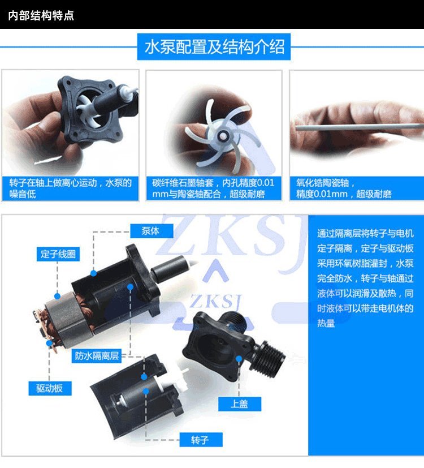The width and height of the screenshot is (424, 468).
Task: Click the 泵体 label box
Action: pyautogui.click(x=152, y=231)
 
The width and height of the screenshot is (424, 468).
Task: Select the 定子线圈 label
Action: pyautogui.click(x=58, y=254)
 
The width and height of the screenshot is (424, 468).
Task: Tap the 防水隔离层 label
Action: pyautogui.click(x=97, y=356)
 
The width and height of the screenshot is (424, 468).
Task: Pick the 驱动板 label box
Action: pyautogui.click(x=50, y=388)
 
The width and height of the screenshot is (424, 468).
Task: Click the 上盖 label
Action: pyautogui.click(x=240, y=404)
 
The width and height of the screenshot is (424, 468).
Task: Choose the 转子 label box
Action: pyautogui.click(x=201, y=440)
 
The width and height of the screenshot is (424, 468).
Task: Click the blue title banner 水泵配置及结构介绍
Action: pyautogui.click(x=214, y=47)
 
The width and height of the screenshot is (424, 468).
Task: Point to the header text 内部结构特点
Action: pyautogui.click(x=41, y=15)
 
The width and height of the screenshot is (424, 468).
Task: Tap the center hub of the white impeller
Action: pyautogui.click(x=222, y=136)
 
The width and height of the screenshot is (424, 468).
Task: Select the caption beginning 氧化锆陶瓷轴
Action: pyautogui.click(x=344, y=188)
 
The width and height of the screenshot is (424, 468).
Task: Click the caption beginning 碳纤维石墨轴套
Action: pyautogui.click(x=213, y=188)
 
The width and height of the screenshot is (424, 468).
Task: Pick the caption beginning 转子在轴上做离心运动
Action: pyautogui.click(x=70, y=188)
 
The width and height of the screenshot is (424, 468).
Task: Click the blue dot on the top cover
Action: pyautogui.click(x=239, y=358)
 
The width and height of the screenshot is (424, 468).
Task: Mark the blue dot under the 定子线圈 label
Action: pyautogui.click(x=57, y=296)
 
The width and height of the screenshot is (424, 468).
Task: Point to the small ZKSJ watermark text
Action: pyautogui.click(x=216, y=301)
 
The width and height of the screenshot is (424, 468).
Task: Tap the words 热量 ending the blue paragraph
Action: pyautogui.click(x=326, y=323)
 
